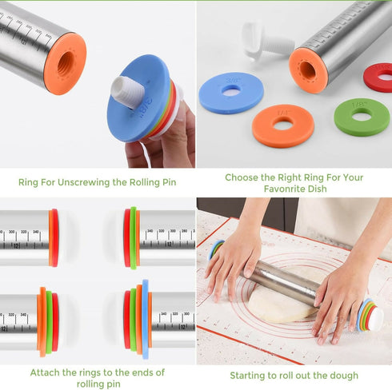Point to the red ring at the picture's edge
[x=379, y=78]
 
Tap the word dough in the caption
[x=344, y=376]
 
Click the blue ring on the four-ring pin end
[x=145, y=318]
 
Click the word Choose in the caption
[x=242, y=178]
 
